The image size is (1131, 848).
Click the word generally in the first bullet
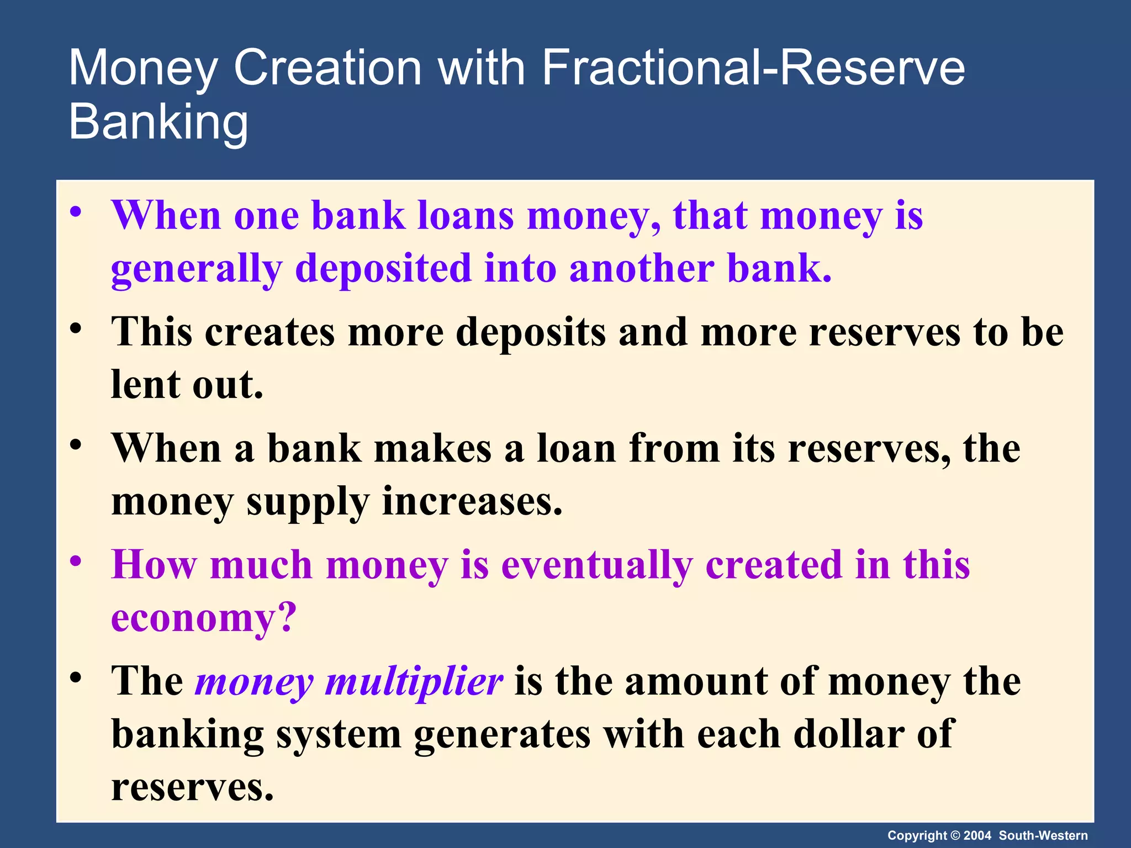(x=197, y=269)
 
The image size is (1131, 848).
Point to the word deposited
(x=383, y=269)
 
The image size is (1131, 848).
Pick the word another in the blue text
(x=641, y=269)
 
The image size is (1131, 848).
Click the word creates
(x=270, y=332)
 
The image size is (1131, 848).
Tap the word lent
(x=145, y=384)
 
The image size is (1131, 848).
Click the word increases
(x=472, y=501)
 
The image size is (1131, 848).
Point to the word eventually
(x=596, y=565)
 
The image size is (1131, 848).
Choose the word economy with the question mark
(x=204, y=618)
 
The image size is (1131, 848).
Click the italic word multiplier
(x=414, y=682)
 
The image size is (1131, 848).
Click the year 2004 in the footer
(x=977, y=835)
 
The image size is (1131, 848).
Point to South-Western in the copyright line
(x=1043, y=835)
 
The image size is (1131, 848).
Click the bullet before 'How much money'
(x=76, y=561)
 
